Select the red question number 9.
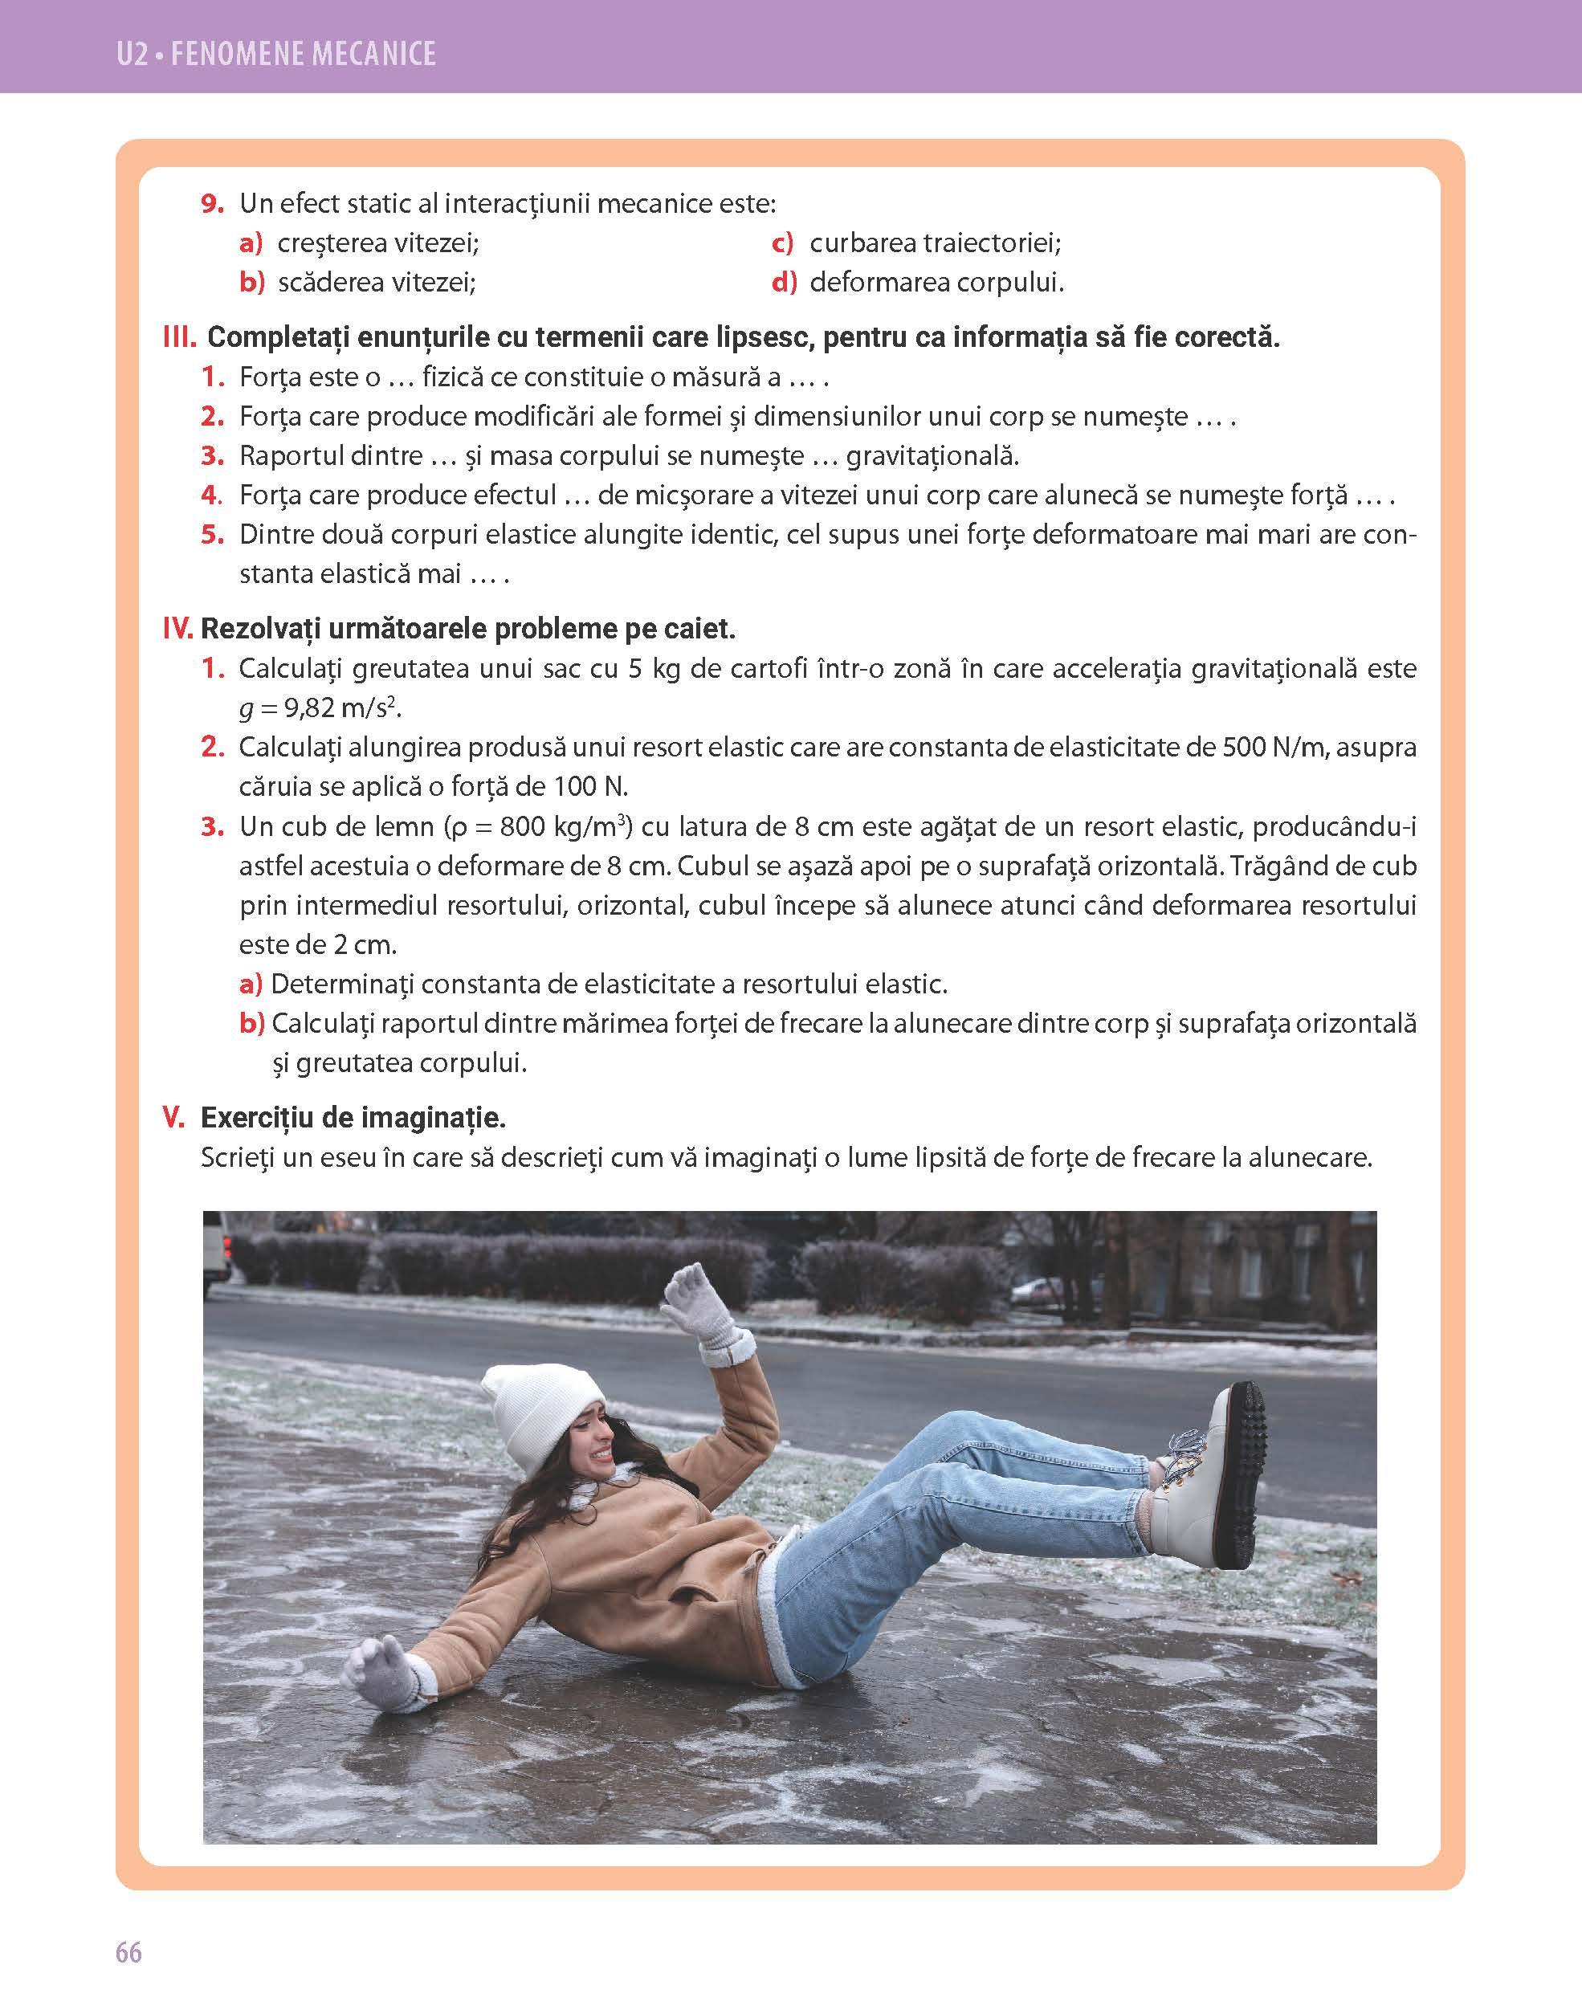[213, 204]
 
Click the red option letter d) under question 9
[784, 283]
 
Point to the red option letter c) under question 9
[783, 243]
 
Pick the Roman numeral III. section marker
[180, 338]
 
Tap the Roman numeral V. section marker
[175, 1119]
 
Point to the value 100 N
[590, 787]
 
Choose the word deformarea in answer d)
[878, 283]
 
